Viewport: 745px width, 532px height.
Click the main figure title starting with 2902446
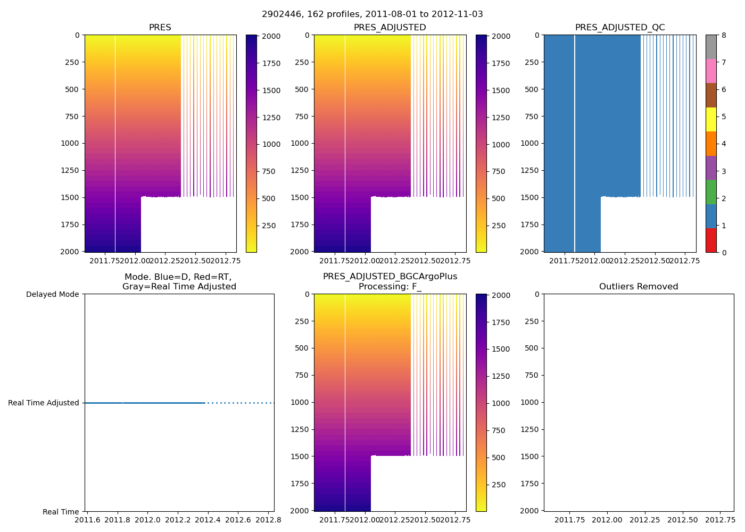click(372, 14)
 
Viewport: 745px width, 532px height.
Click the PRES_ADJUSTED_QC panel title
click(620, 28)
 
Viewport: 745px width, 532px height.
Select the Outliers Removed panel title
click(639, 287)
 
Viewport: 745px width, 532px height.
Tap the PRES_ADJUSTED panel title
click(390, 28)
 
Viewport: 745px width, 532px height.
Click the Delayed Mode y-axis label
click(52, 294)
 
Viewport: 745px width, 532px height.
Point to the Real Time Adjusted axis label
click(44, 403)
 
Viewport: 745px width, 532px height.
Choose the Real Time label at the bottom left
click(61, 512)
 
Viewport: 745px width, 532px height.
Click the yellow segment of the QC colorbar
click(711, 119)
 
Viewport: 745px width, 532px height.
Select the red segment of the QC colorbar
click(711, 240)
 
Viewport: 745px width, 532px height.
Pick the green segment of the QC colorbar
click(711, 192)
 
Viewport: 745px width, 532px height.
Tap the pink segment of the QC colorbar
click(711, 71)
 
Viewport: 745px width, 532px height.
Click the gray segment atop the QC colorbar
click(711, 47)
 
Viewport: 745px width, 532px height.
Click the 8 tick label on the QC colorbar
click(723, 36)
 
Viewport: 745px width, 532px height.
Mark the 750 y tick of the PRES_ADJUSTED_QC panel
click(532, 117)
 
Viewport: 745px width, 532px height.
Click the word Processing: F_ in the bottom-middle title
click(390, 287)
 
